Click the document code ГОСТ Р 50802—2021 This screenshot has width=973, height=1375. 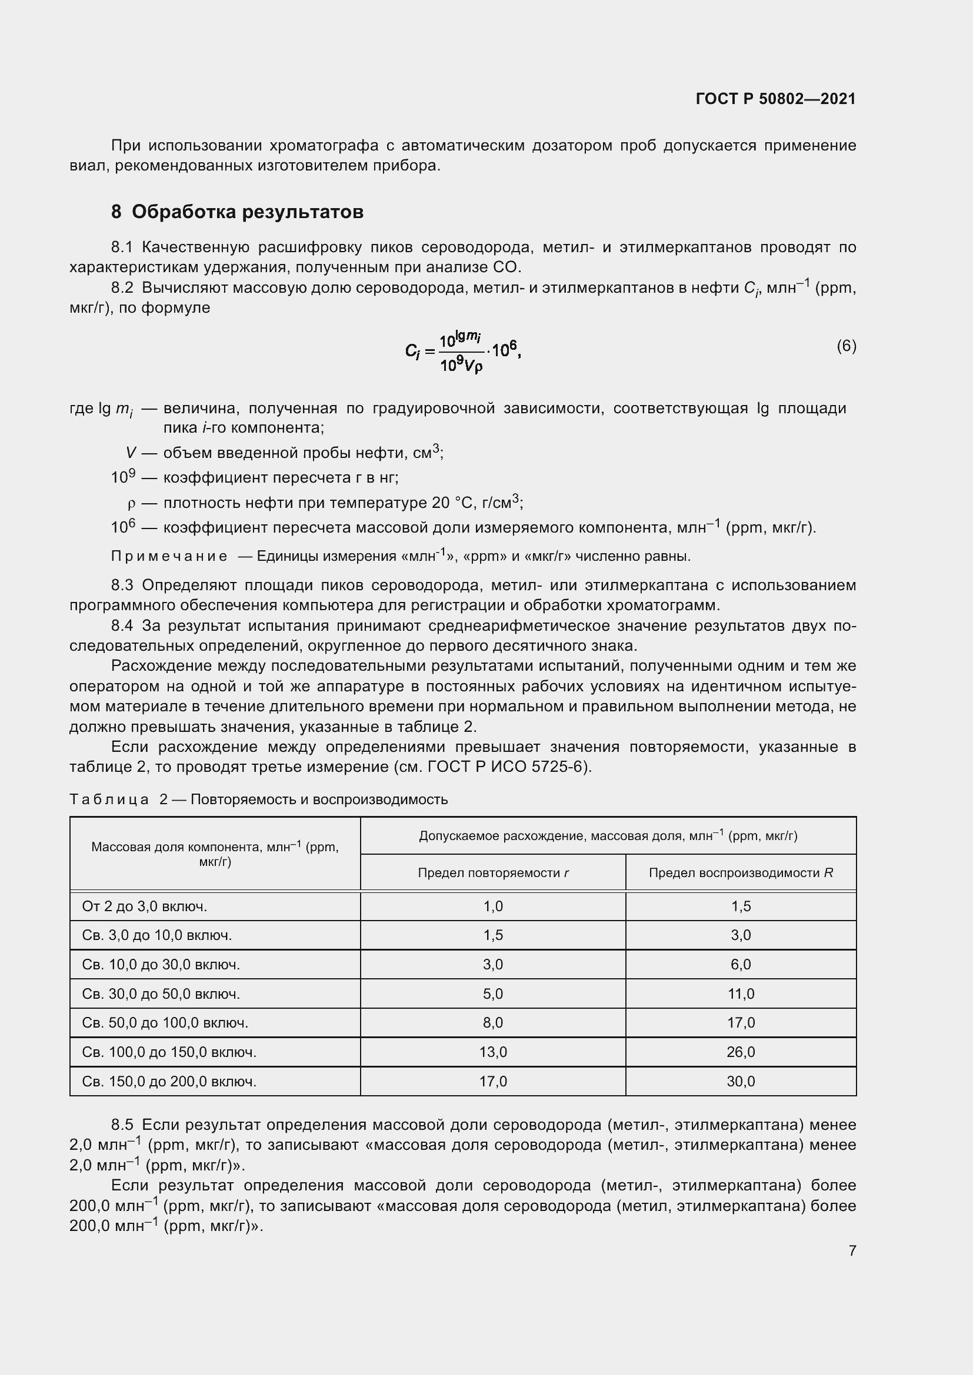(775, 99)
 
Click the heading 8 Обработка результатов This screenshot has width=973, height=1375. (237, 212)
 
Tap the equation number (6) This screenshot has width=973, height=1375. (846, 346)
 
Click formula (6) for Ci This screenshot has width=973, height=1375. (462, 352)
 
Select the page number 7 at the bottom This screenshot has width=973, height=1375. (852, 1250)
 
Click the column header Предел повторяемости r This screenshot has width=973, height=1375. (492, 873)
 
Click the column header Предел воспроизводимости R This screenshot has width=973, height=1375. (741, 873)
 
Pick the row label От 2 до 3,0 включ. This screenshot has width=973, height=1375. (144, 906)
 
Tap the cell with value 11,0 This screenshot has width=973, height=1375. (741, 994)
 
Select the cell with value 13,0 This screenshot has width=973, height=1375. (492, 1052)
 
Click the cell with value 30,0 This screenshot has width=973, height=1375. (741, 1082)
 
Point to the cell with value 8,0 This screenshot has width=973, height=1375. (492, 1023)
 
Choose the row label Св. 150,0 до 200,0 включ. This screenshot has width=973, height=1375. (169, 1082)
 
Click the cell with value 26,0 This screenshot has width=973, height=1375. (741, 1052)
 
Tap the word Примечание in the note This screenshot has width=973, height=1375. (169, 556)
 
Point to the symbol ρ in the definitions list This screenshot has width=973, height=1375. (132, 503)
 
